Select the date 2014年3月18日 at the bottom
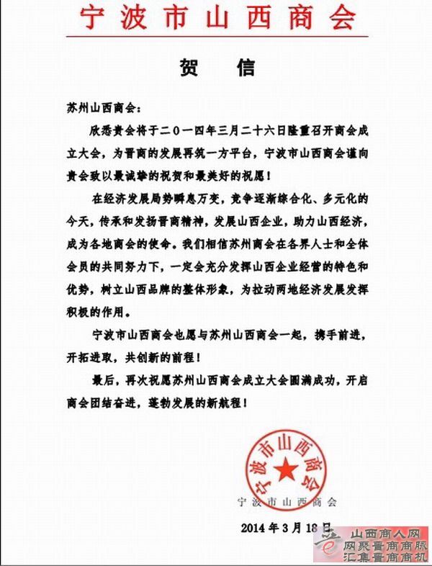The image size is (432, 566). (x=286, y=526)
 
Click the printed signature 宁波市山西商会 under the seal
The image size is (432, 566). (x=287, y=502)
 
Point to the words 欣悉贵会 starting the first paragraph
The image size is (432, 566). (x=110, y=133)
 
